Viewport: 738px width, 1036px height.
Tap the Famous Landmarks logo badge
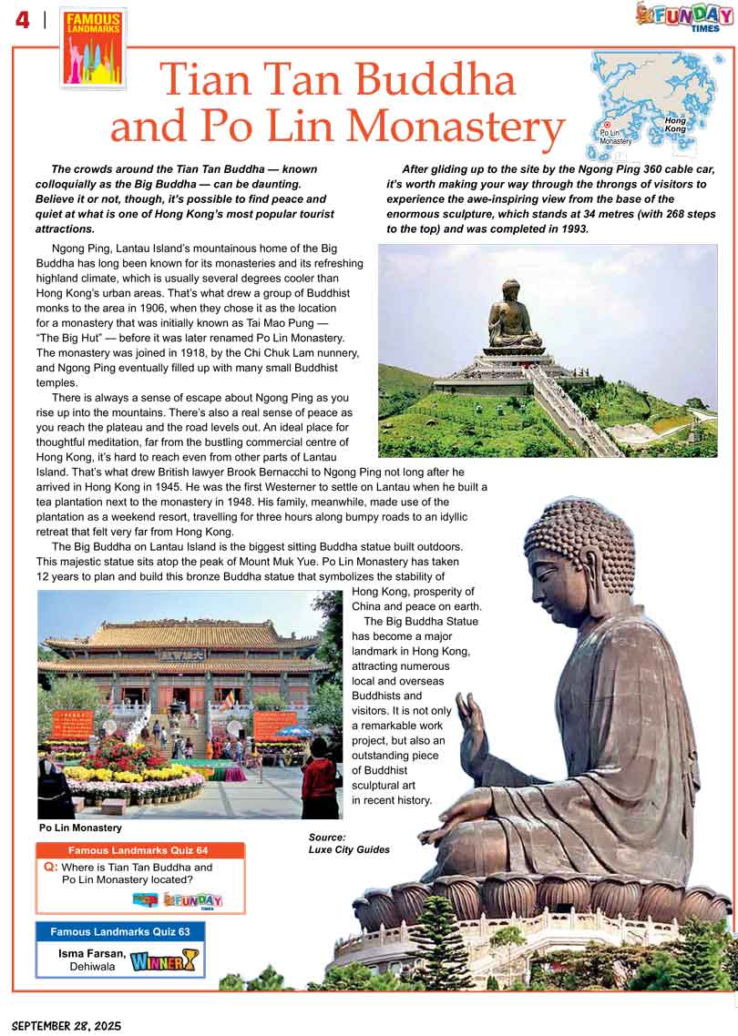pos(94,47)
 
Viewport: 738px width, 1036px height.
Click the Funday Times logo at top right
pos(684,15)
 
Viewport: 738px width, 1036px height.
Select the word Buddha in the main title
pos(436,80)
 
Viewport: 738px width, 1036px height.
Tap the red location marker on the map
pos(607,124)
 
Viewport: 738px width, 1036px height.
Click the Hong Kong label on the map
pos(675,125)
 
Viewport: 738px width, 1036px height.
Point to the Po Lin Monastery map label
pos(616,137)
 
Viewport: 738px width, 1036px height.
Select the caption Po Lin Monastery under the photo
pos(80,828)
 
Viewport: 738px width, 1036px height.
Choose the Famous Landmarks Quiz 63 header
pos(120,931)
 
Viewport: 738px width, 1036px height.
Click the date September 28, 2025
pos(61,1025)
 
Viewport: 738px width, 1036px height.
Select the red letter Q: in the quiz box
pos(51,868)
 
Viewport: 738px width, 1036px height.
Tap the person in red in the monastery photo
pos(320,781)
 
